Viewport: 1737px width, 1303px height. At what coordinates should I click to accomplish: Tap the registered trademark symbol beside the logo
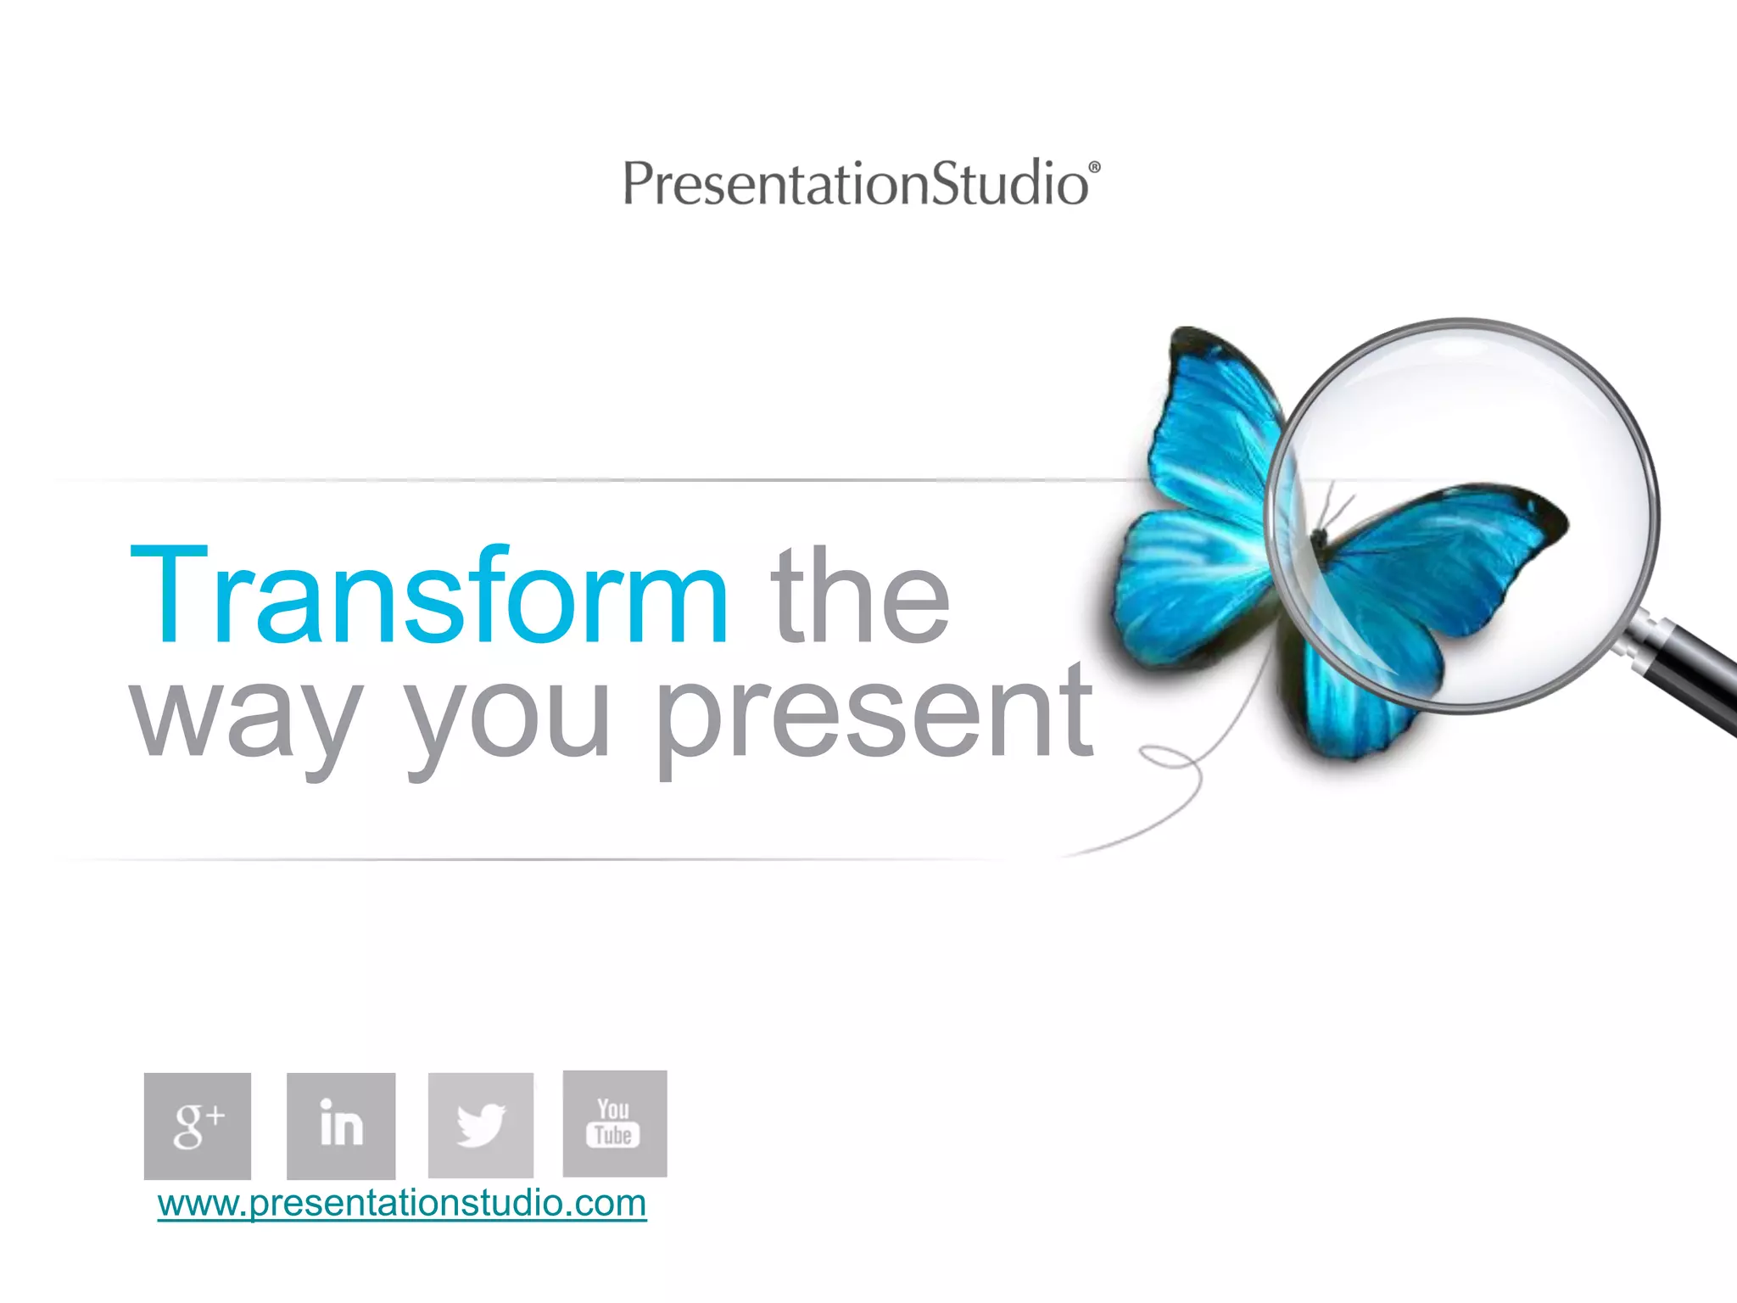[x=1094, y=168]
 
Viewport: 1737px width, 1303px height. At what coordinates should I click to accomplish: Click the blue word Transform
[x=428, y=596]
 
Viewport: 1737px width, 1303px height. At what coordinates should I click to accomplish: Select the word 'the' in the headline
[x=860, y=596]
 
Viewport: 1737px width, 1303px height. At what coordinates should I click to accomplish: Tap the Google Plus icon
[x=198, y=1126]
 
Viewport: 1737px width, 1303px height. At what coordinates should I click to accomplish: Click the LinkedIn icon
[x=341, y=1126]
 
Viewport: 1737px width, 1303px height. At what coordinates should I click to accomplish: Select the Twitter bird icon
[x=481, y=1125]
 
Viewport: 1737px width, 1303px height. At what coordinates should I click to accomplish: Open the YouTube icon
[x=615, y=1123]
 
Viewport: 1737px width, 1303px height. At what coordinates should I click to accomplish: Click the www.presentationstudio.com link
[x=402, y=1203]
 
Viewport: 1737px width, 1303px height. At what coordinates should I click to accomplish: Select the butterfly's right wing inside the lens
[x=1442, y=551]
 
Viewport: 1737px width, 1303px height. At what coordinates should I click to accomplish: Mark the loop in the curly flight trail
[x=1175, y=758]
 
